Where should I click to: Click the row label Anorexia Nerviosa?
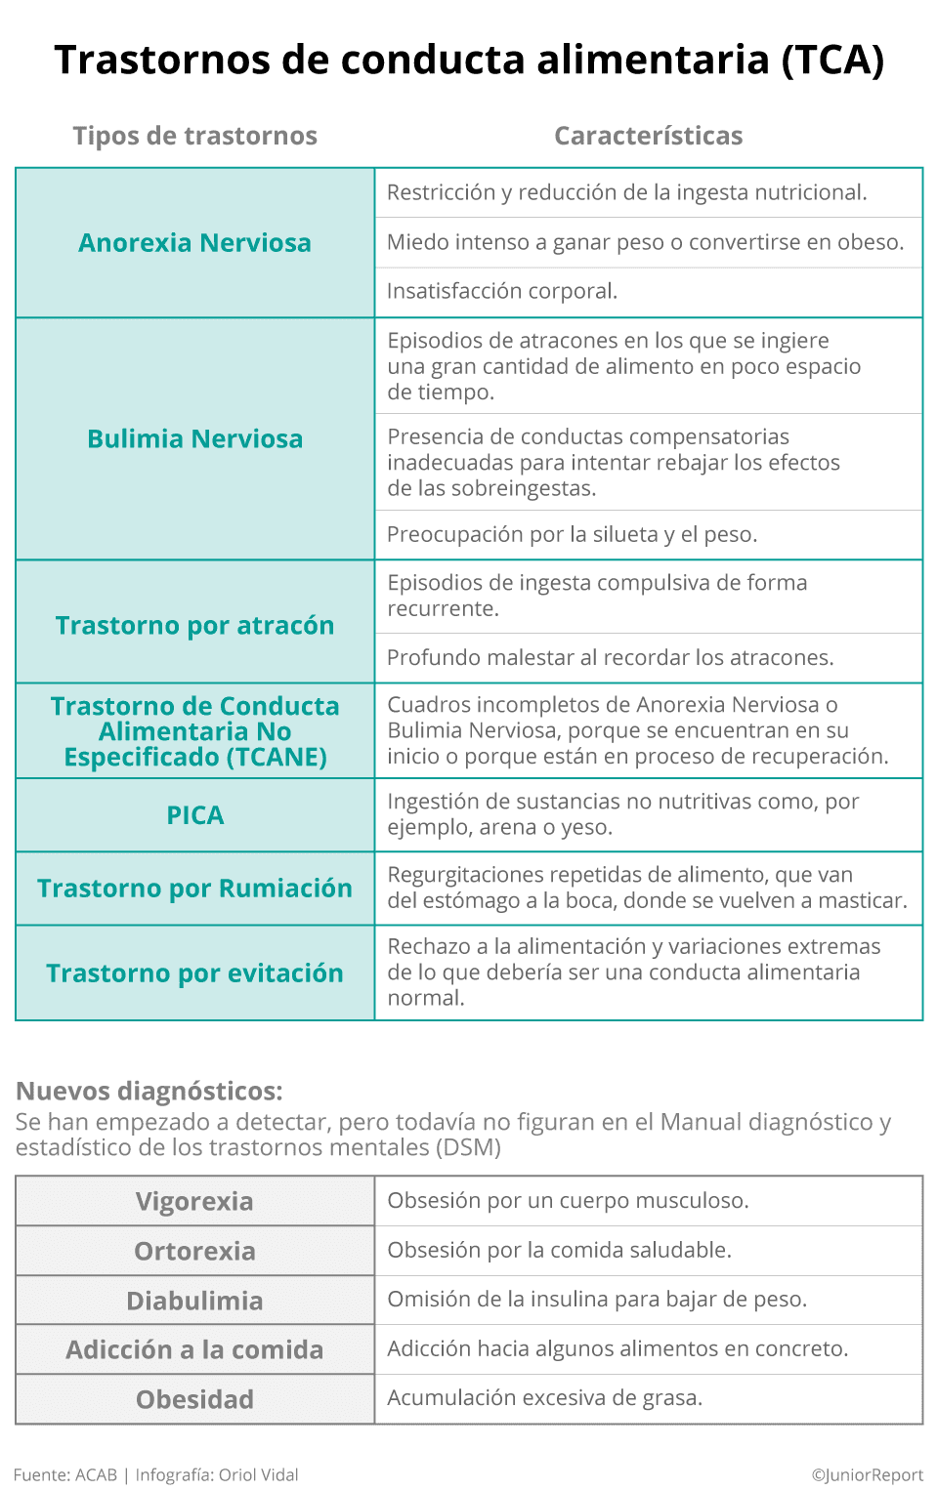[x=194, y=243]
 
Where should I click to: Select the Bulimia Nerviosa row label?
[x=194, y=439]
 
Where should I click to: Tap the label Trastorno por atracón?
[x=194, y=626]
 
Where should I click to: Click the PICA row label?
[x=194, y=815]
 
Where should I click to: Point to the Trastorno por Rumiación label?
[x=194, y=889]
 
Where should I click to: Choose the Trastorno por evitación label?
[x=194, y=973]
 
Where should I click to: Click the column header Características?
[x=648, y=136]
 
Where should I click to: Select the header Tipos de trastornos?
[x=194, y=136]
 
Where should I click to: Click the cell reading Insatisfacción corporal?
[x=502, y=291]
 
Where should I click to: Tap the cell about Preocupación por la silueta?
[x=572, y=534]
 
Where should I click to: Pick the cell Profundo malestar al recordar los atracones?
[x=610, y=657]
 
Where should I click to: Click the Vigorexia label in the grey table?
[x=194, y=1201]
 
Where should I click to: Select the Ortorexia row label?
[x=194, y=1251]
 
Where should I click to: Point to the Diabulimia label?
[x=194, y=1301]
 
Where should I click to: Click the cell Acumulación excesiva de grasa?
[x=544, y=1397]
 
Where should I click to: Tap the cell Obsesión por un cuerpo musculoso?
[x=568, y=1200]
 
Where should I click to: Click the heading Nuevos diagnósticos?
[x=149, y=1091]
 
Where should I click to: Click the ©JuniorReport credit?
[x=867, y=1474]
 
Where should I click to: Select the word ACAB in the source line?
[x=96, y=1474]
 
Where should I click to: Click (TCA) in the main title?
[x=832, y=60]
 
